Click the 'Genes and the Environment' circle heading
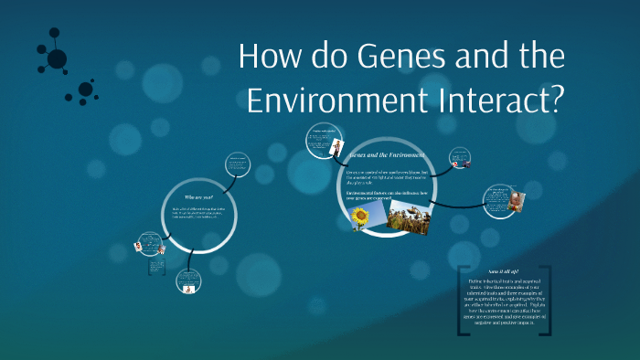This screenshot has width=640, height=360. [383, 156]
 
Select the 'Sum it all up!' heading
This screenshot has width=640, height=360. [505, 271]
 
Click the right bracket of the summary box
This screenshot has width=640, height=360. [549, 301]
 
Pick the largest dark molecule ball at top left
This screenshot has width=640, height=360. [57, 59]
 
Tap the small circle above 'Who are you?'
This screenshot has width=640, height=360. [240, 164]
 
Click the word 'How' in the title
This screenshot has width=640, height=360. [266, 57]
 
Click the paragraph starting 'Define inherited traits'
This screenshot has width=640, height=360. [505, 306]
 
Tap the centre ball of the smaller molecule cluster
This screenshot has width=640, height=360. [85, 90]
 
